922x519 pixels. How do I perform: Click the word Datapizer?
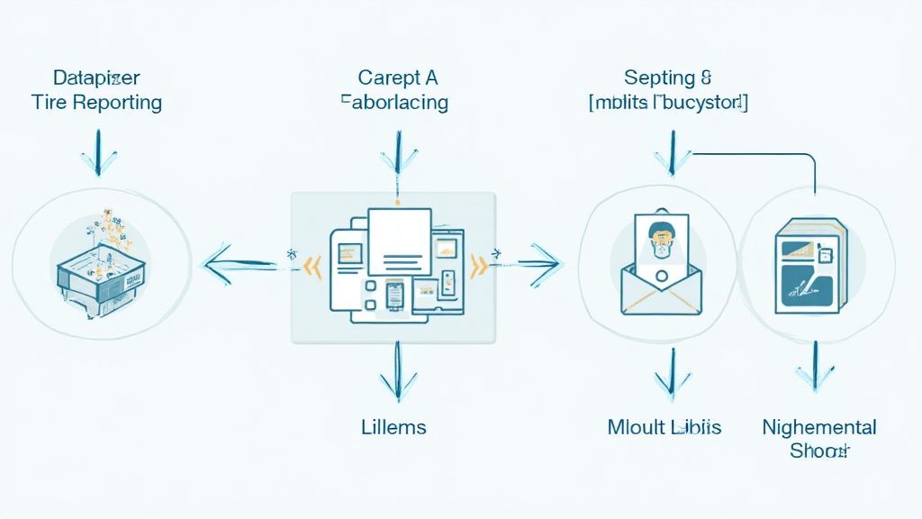click(x=96, y=77)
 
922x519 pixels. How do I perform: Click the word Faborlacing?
click(x=394, y=102)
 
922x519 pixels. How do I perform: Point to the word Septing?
click(x=660, y=78)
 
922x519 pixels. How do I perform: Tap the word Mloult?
click(x=637, y=426)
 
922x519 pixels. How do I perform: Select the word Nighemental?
click(x=819, y=426)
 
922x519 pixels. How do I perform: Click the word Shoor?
click(x=819, y=451)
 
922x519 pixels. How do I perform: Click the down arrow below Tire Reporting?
click(x=98, y=152)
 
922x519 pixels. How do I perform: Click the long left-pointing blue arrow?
click(x=239, y=265)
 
